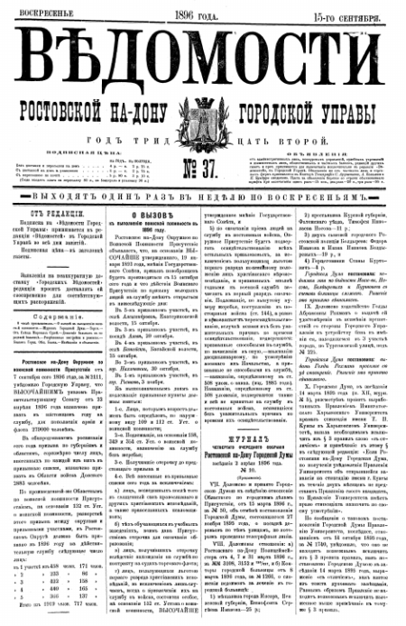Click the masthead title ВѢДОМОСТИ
click(204, 57)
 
